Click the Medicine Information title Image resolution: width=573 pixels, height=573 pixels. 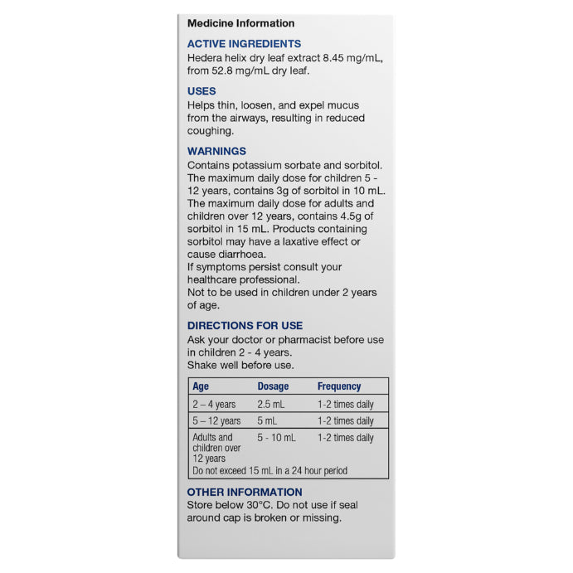[x=240, y=23]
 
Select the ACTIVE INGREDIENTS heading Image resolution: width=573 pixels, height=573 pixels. [x=244, y=44]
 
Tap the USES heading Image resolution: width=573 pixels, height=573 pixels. [x=202, y=91]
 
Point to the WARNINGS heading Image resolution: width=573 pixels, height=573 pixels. [x=216, y=152]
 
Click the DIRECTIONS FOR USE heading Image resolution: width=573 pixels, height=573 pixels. [x=245, y=326]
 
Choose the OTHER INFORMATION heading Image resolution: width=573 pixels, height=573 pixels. [x=245, y=492]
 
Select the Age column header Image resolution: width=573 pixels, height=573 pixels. [x=201, y=386]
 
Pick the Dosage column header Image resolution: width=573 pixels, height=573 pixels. [x=273, y=386]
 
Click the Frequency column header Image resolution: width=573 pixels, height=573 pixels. [x=339, y=386]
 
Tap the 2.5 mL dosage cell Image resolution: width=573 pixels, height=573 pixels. [x=271, y=405]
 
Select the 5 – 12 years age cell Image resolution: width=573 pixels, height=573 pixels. [x=216, y=421]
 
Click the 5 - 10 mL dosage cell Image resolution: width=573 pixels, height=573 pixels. [x=276, y=438]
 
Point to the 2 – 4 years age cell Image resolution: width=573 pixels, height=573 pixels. [x=214, y=405]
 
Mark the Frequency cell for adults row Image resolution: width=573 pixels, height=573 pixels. [x=346, y=438]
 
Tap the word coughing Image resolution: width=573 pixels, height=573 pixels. [x=211, y=130]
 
